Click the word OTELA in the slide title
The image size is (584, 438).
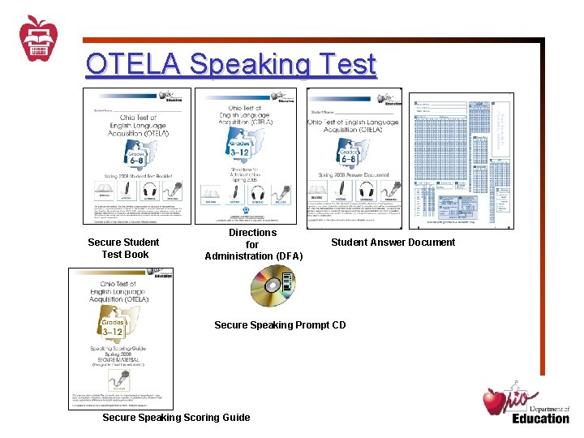pyautogui.click(x=131, y=64)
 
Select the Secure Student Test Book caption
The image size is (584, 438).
pyautogui.click(x=124, y=248)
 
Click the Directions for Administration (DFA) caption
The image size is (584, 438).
pyautogui.click(x=253, y=244)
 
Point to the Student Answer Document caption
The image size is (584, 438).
pyautogui.click(x=393, y=242)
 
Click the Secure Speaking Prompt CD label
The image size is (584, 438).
pyautogui.click(x=279, y=325)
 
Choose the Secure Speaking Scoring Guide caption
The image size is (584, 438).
pyautogui.click(x=176, y=418)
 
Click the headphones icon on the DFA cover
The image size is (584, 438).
pyautogui.click(x=258, y=195)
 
